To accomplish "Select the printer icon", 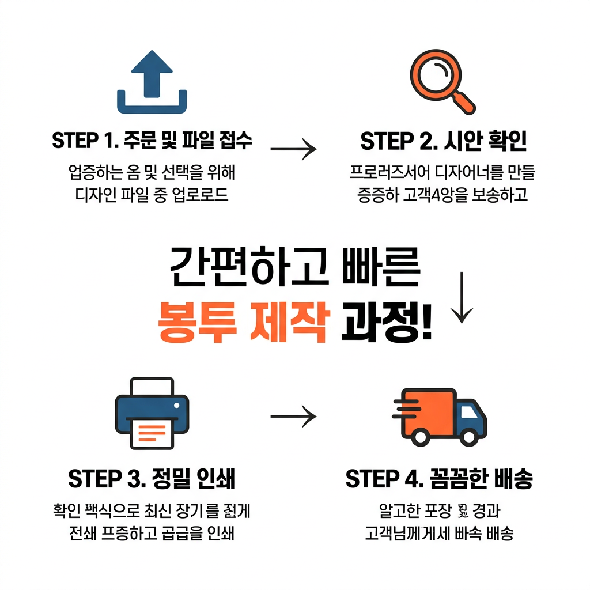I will pos(152,413).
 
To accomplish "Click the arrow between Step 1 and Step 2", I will pos(293,150).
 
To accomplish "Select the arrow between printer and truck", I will pos(293,415).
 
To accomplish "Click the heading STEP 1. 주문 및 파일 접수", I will pos(152,142).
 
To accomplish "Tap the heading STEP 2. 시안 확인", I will pos(443,142).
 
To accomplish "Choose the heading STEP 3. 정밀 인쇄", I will pos(152,479).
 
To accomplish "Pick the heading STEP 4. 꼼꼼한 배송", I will pos(439,479).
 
